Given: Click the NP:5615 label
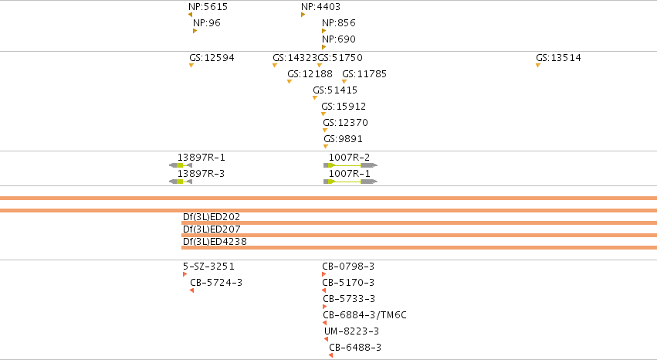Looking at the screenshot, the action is (208, 7).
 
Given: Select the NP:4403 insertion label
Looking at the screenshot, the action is (320, 7).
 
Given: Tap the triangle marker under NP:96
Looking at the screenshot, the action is (195, 31).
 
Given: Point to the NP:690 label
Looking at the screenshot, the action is (339, 39).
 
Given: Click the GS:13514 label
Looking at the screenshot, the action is (558, 57).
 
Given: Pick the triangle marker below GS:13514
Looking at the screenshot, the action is (538, 65).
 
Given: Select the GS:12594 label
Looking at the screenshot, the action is (212, 57).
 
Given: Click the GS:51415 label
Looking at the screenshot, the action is (335, 90).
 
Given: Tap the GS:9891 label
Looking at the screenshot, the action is (343, 139).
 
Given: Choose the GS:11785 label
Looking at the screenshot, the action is (364, 73).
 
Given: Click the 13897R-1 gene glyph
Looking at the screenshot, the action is (181, 165).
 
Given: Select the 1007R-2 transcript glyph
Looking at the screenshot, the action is (351, 165).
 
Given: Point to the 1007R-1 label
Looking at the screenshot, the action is (350, 174).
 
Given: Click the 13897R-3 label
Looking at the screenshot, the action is (202, 174).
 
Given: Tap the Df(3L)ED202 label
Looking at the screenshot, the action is (212, 216).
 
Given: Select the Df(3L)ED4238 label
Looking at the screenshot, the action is (215, 241).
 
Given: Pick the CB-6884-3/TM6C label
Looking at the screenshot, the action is (364, 314).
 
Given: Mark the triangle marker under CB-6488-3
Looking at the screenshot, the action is (331, 355).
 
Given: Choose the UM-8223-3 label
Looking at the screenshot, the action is (351, 331).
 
